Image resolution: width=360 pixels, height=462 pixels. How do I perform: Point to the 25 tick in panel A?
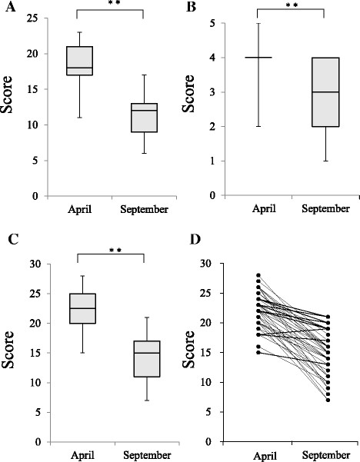(38, 18)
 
